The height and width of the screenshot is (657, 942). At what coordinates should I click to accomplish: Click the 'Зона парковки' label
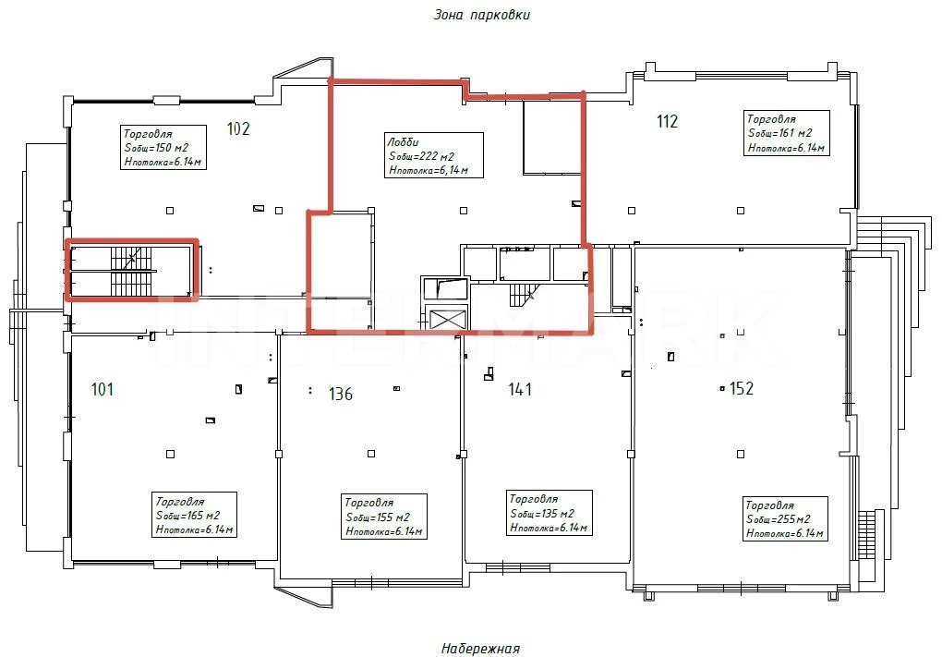click(x=482, y=15)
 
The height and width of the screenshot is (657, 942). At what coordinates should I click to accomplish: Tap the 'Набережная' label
click(x=480, y=649)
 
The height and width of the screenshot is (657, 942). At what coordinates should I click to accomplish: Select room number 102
click(x=238, y=128)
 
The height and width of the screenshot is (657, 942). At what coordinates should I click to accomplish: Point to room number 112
click(x=667, y=121)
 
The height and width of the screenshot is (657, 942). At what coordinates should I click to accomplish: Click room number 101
click(x=103, y=389)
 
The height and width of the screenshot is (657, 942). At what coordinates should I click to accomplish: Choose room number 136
click(x=341, y=394)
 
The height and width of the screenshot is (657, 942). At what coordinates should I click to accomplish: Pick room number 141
click(x=520, y=389)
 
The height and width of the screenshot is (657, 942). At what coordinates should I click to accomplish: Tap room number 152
click(x=742, y=388)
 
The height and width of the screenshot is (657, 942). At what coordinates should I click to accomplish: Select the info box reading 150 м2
click(x=163, y=147)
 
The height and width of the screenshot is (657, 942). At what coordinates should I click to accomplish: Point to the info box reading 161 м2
click(x=787, y=133)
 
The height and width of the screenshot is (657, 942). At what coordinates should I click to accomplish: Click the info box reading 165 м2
click(x=194, y=515)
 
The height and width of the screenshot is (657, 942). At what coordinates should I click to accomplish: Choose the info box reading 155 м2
click(x=384, y=517)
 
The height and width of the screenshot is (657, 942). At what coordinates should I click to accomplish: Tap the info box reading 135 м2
click(x=549, y=513)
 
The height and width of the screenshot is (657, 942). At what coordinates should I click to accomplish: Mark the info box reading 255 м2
click(x=785, y=518)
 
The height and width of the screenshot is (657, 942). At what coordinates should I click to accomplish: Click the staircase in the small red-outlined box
click(x=132, y=271)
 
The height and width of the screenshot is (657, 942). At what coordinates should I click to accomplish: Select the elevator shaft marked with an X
click(x=446, y=317)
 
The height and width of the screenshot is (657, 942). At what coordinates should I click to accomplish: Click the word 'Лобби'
click(x=403, y=142)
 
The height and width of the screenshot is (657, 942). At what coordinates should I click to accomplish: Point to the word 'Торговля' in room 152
click(x=769, y=505)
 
